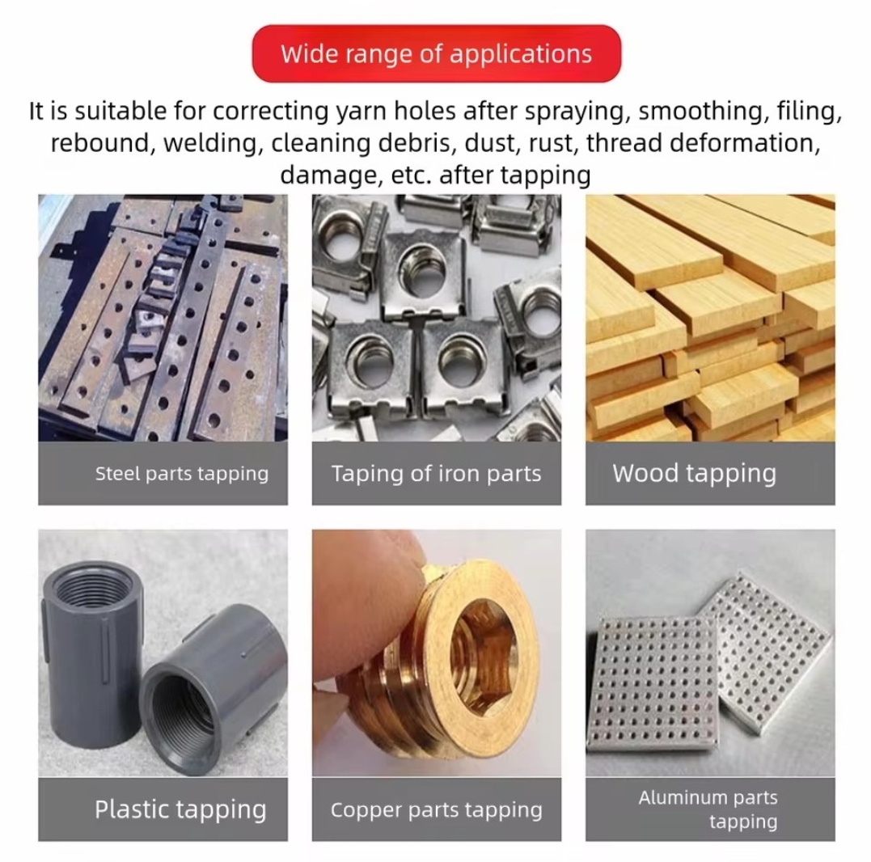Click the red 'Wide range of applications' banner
pos(436,54)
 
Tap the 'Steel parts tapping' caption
pos(182,474)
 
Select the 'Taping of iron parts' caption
pos(436,474)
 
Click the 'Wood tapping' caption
pos(695,474)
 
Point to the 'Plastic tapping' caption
pos(180,809)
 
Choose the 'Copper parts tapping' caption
pos(436,809)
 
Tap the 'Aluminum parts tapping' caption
pos(708,809)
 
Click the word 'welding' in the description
pos(210,143)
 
